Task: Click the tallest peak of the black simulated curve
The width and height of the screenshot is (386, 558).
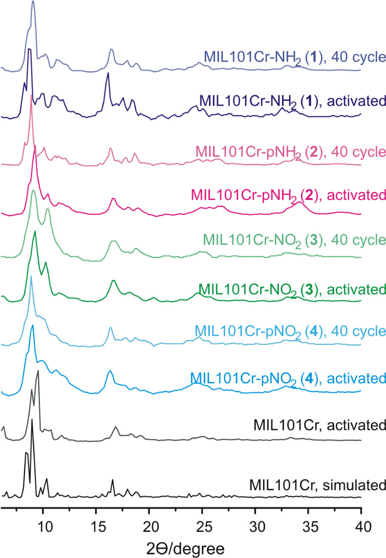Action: [32, 419]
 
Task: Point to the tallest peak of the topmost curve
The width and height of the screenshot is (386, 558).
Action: [33, 1]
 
